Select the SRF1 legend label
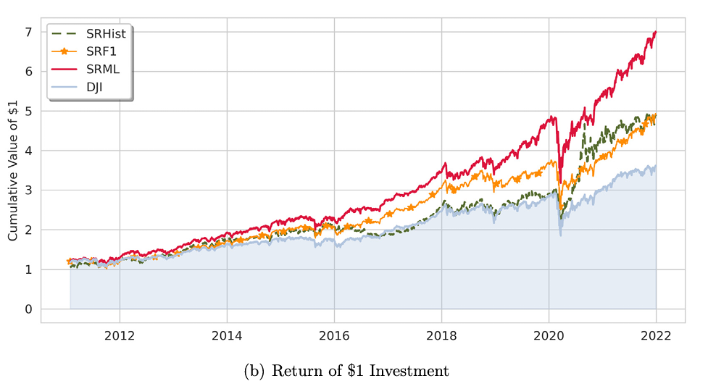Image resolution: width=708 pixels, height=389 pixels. pyautogui.click(x=101, y=51)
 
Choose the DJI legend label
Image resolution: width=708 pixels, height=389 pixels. pyautogui.click(x=94, y=87)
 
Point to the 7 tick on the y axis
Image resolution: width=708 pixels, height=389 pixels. pyautogui.click(x=28, y=32)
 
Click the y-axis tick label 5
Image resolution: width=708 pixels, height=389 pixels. pyautogui.click(x=28, y=111)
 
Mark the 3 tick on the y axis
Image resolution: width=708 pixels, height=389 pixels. pyautogui.click(x=28, y=191)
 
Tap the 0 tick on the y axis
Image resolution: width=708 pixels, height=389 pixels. pyautogui.click(x=28, y=309)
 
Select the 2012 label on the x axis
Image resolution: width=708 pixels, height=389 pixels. pyautogui.click(x=120, y=335)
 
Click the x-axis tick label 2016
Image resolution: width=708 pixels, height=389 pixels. pyautogui.click(x=334, y=335)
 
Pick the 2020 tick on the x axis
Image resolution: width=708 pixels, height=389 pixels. pyautogui.click(x=549, y=335)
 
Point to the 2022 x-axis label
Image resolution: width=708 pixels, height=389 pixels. pyautogui.click(x=656, y=335)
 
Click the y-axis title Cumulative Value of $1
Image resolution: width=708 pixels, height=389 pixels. pyautogui.click(x=12, y=170)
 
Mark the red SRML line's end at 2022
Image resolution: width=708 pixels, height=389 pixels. pyautogui.click(x=656, y=32)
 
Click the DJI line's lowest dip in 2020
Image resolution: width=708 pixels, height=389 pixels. pyautogui.click(x=561, y=235)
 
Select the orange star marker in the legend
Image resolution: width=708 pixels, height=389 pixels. pyautogui.click(x=64, y=51)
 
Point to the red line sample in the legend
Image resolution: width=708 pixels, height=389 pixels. pyautogui.click(x=64, y=70)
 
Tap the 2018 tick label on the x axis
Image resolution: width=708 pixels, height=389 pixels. pyautogui.click(x=441, y=335)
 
